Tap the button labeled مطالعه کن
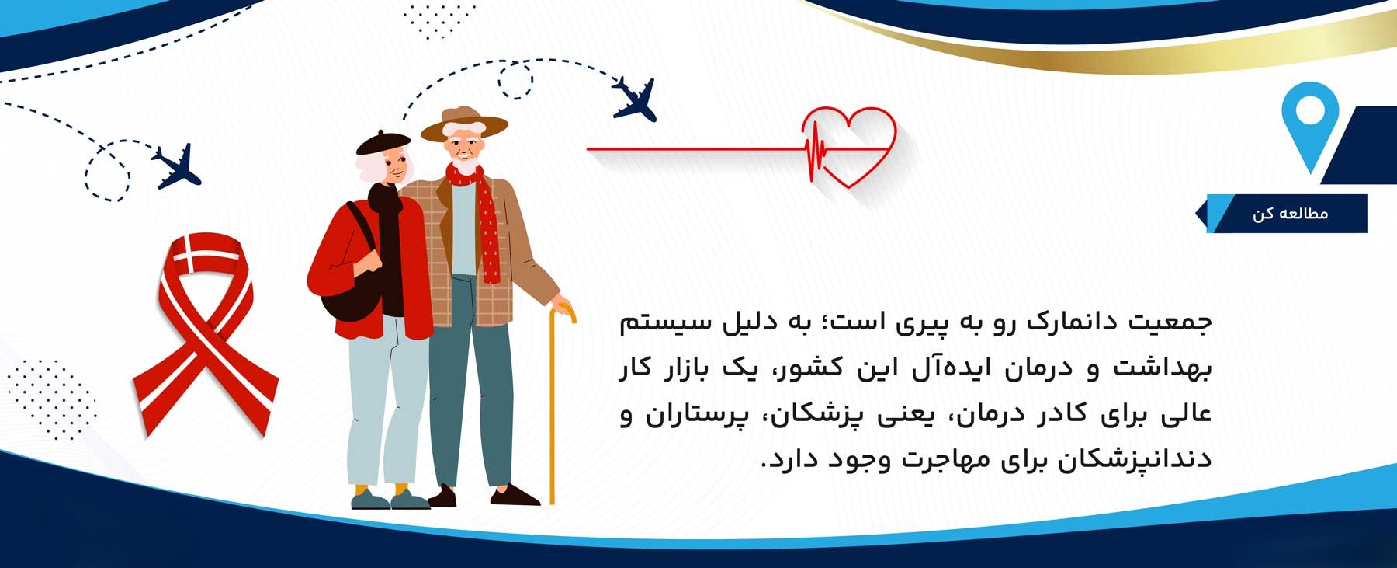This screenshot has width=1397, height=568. coord(1288,214)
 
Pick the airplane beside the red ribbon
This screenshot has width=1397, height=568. coord(177,166)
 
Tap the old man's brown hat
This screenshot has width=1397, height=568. coord(464,124)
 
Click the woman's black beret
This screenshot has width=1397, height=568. coord(383,143)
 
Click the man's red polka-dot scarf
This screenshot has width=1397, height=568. coord(481,218)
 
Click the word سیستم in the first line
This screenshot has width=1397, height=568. coord(660,322)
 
